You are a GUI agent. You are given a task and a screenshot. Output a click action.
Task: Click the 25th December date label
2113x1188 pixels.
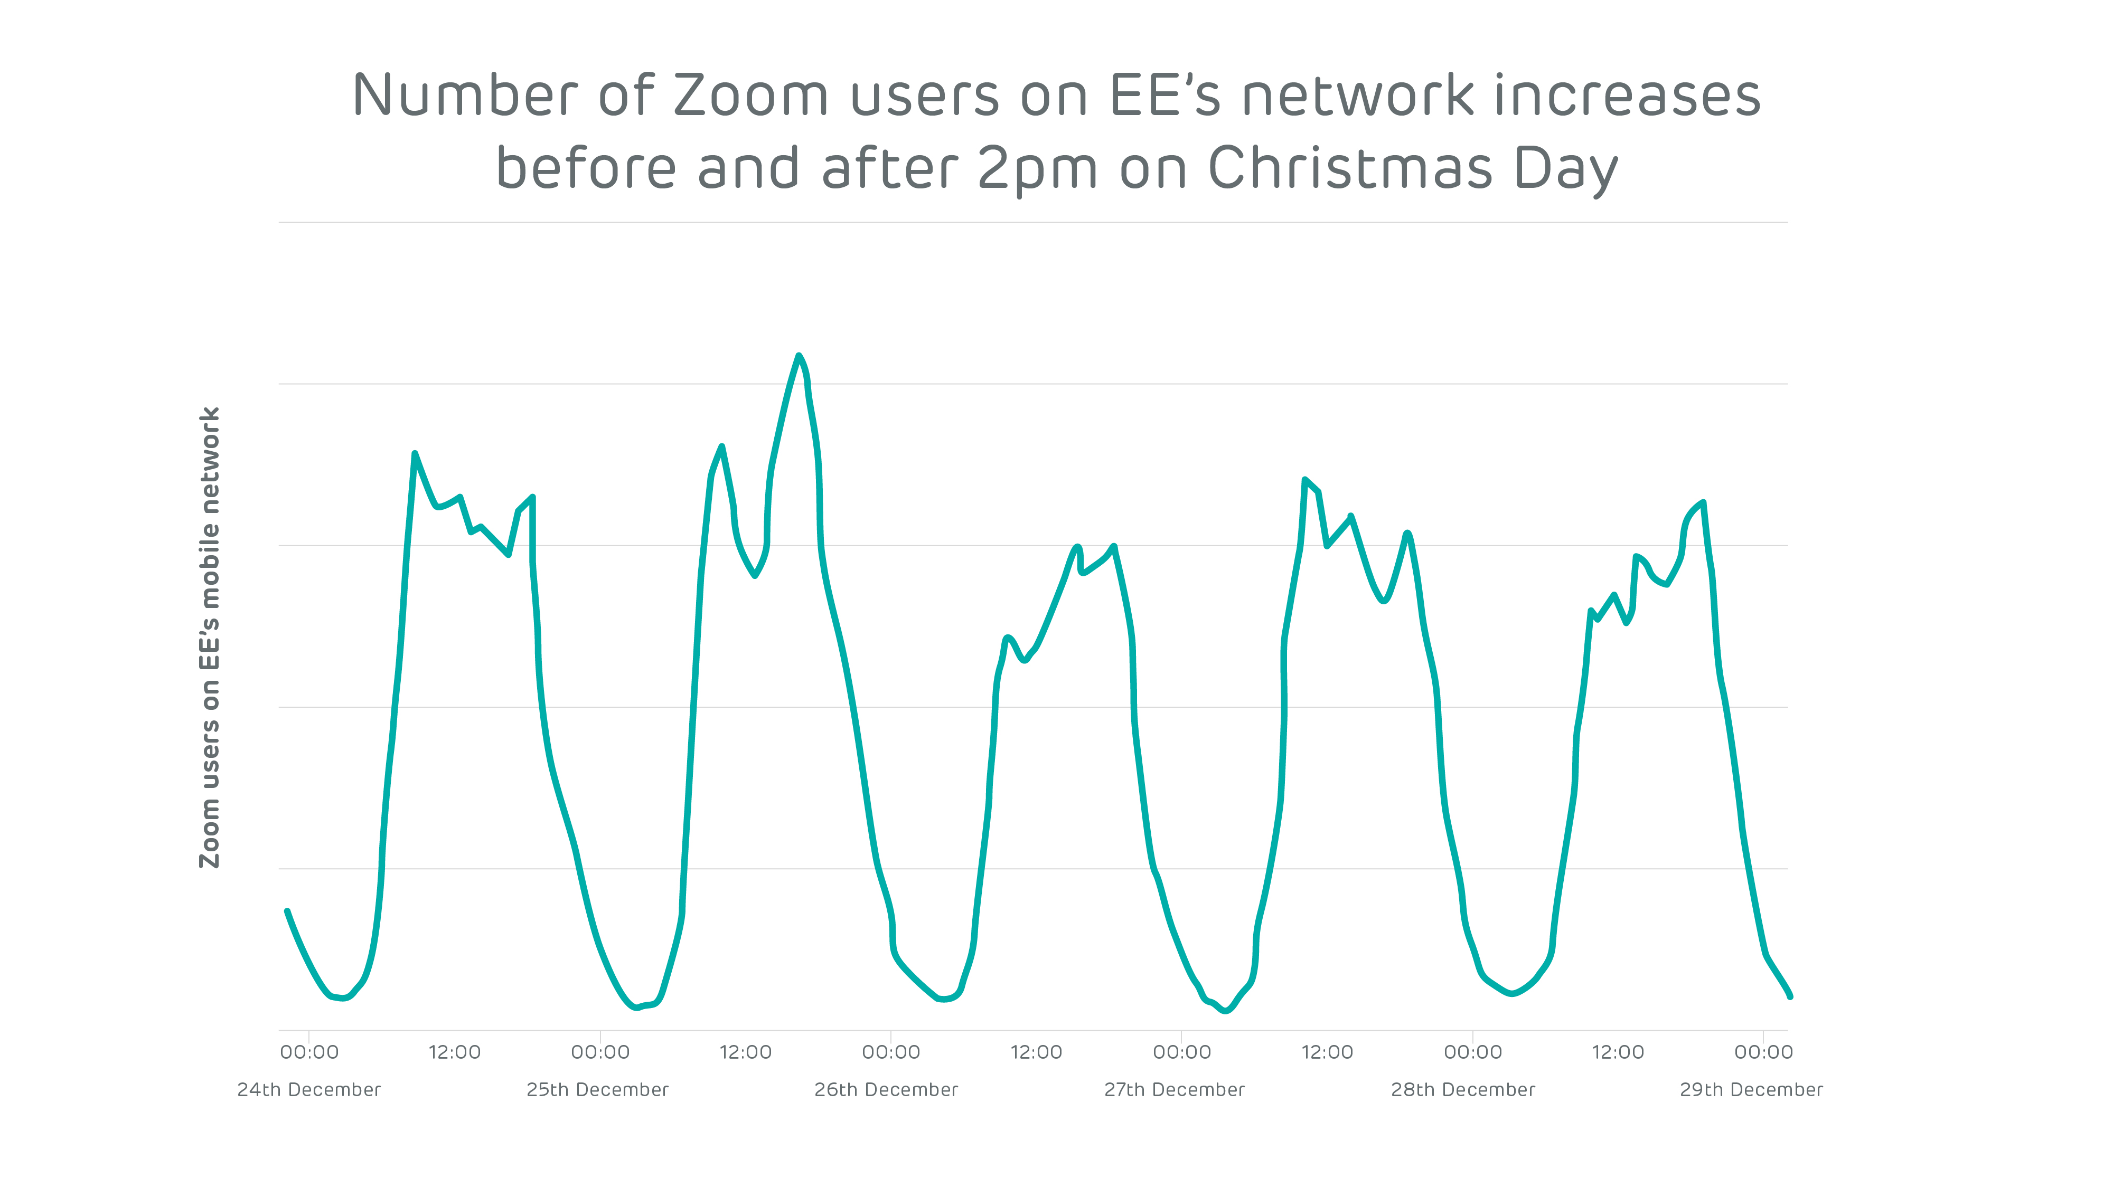(x=597, y=1090)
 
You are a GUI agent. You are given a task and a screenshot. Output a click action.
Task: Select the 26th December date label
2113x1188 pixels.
(x=886, y=1090)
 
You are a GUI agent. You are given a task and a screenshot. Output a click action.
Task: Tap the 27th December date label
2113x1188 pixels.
(x=1174, y=1090)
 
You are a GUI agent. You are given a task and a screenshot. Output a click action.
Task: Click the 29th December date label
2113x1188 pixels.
(x=1751, y=1090)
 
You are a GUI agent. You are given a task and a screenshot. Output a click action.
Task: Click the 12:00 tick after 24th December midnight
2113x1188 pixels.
(x=454, y=1052)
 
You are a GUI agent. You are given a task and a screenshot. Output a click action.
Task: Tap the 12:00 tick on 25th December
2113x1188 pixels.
(x=746, y=1052)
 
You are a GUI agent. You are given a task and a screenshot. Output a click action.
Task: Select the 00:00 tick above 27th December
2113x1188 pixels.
(x=1181, y=1052)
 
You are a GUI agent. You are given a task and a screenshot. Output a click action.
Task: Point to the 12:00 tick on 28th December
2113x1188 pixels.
(x=1618, y=1052)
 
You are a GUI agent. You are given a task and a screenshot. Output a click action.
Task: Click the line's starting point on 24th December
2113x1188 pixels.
(x=287, y=911)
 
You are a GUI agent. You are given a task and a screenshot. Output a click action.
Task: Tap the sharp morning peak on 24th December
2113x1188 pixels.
(x=415, y=453)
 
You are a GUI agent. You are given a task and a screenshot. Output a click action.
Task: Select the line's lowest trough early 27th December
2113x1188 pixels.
(x=1225, y=1011)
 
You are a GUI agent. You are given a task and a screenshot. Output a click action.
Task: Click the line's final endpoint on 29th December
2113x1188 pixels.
(x=1790, y=996)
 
